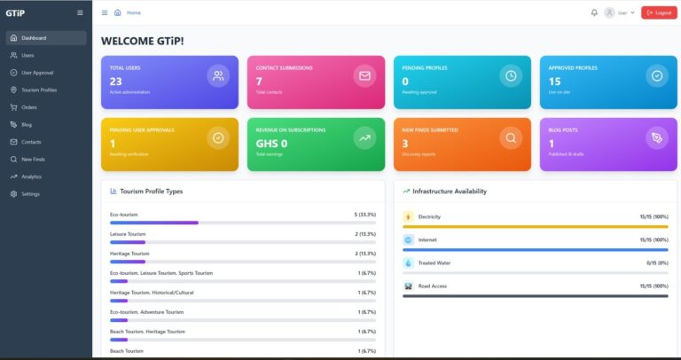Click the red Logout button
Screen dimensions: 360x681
click(659, 12)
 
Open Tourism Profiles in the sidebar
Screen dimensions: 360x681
click(39, 90)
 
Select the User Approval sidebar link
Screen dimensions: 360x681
click(37, 73)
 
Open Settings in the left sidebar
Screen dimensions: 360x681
click(30, 193)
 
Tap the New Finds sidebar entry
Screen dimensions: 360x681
click(33, 159)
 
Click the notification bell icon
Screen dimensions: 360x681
click(594, 12)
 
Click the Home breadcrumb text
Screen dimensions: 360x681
click(134, 12)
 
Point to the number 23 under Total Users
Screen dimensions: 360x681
click(116, 82)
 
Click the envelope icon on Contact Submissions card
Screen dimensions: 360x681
click(364, 76)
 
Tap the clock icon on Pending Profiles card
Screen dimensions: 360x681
click(510, 76)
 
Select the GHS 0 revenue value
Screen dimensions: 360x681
click(271, 143)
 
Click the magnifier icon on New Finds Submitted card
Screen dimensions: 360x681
click(510, 137)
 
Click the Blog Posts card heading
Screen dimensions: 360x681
click(564, 129)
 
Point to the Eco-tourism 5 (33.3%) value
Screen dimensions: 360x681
click(365, 215)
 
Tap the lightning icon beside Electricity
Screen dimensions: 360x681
click(408, 216)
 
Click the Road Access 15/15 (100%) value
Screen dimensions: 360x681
click(654, 286)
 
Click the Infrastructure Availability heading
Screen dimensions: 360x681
click(450, 191)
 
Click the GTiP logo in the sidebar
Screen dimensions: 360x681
click(15, 12)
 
